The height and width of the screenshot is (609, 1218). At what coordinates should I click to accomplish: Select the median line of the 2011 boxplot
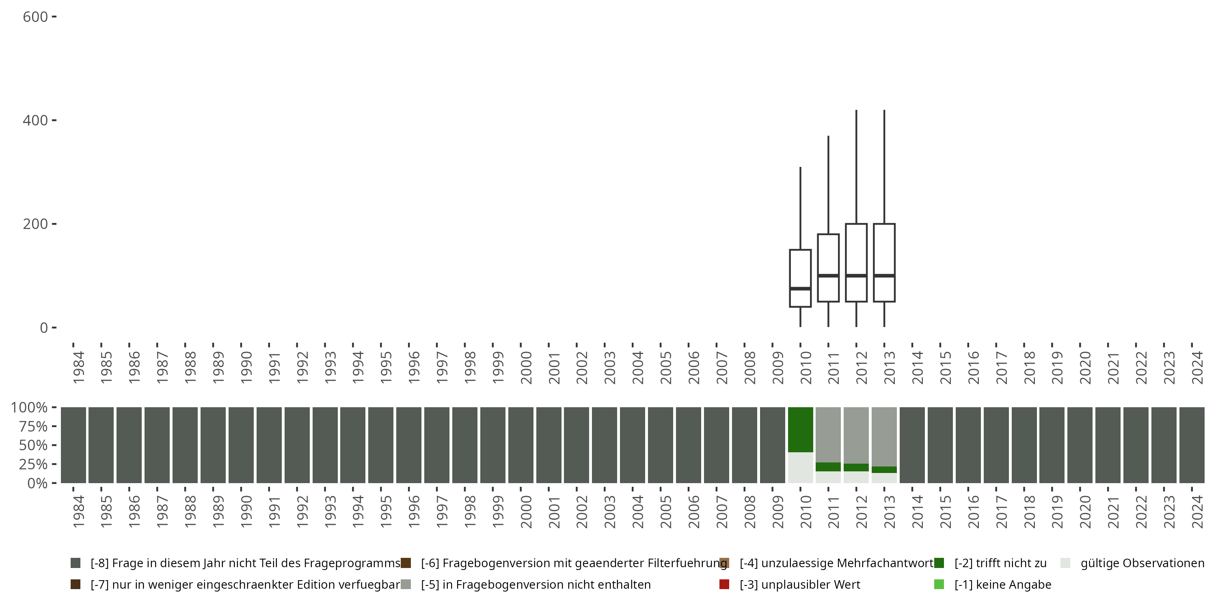828,275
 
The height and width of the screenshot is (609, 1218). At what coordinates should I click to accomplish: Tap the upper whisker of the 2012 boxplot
856,166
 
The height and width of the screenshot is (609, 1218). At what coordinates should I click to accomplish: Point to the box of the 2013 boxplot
884,251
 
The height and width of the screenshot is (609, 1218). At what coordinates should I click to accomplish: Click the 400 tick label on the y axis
35,120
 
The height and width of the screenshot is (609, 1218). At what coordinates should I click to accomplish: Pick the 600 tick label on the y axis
35,17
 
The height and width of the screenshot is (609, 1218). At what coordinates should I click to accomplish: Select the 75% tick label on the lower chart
29,426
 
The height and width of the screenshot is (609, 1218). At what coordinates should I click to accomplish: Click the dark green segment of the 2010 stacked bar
800,429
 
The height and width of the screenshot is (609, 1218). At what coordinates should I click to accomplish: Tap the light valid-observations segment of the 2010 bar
800,467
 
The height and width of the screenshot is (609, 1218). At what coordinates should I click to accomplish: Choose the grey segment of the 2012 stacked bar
856,435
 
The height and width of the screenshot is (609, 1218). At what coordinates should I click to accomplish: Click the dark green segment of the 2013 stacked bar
884,469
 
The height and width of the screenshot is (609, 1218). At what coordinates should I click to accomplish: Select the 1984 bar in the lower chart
73,445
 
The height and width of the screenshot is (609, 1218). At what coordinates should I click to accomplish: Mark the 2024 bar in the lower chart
1192,445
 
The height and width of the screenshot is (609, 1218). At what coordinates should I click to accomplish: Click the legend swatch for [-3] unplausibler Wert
724,584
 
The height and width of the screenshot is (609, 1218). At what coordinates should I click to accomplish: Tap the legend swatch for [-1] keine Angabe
939,584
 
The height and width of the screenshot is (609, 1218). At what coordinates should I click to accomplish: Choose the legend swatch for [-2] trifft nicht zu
939,563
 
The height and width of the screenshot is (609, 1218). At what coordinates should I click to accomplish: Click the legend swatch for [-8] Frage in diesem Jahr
75,563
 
